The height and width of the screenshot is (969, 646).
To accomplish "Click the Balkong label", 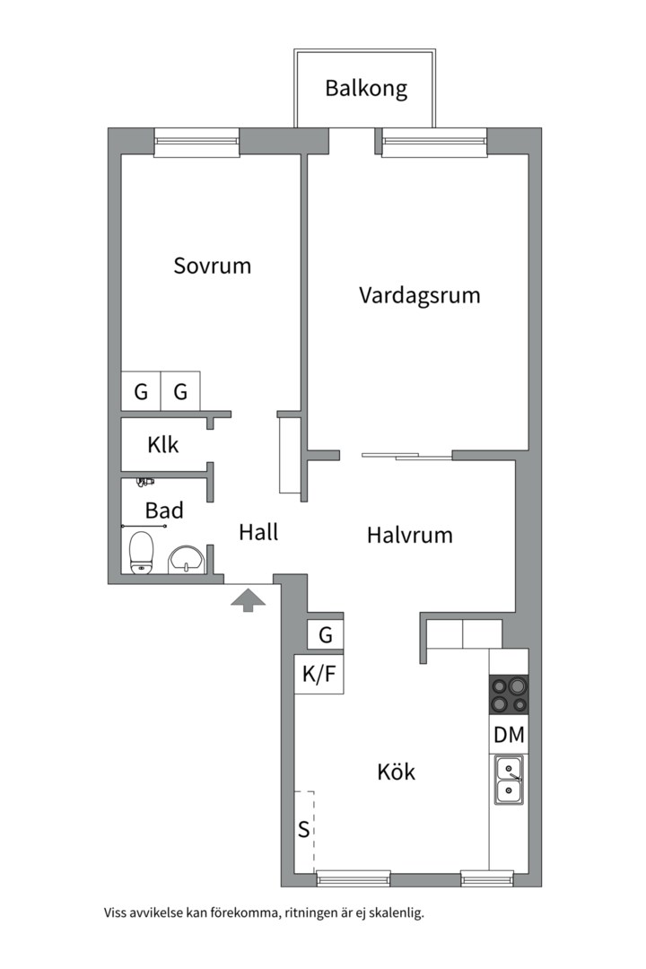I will pyautogui.click(x=366, y=89).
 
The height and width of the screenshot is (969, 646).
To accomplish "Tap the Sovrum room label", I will pyautogui.click(x=213, y=266).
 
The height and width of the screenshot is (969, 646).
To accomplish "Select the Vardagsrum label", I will pyautogui.click(x=419, y=295).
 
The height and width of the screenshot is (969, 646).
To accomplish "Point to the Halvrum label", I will pyautogui.click(x=409, y=536).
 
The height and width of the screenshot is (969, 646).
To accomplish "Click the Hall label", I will pyautogui.click(x=258, y=532).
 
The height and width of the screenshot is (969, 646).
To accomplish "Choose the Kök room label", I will pyautogui.click(x=396, y=772).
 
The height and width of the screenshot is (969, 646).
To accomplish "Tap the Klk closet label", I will pyautogui.click(x=163, y=444).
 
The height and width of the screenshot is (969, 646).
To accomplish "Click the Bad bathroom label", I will pyautogui.click(x=164, y=511).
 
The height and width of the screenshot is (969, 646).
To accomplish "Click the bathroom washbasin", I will pyautogui.click(x=187, y=559).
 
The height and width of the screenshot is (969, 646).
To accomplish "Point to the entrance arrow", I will pyautogui.click(x=249, y=598).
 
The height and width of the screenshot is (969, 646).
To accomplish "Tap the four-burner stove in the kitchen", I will pyautogui.click(x=509, y=694).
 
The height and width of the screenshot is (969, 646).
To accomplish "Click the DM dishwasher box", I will pyautogui.click(x=509, y=735).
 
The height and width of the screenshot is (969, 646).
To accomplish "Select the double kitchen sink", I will pyautogui.click(x=509, y=779).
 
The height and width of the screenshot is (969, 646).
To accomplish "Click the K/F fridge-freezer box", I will pyautogui.click(x=320, y=675).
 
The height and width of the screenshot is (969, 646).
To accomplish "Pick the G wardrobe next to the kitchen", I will pyautogui.click(x=325, y=635).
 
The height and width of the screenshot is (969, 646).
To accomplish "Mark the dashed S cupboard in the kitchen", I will pyautogui.click(x=305, y=830).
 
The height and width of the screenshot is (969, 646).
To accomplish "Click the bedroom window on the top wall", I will pyautogui.click(x=196, y=143).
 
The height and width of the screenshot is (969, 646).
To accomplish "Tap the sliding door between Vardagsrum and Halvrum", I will pyautogui.click(x=407, y=457).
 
